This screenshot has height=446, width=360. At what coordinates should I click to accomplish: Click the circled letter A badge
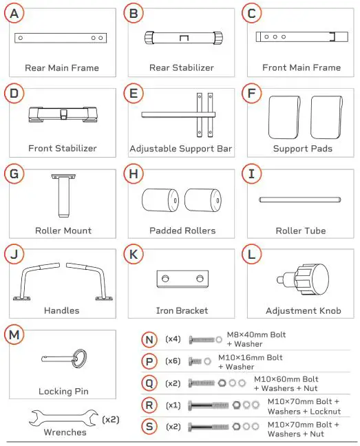click(x=14, y=13)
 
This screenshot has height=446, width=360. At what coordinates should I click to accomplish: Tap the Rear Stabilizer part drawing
click(x=183, y=38)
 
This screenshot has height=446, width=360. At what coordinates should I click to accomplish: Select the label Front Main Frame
click(x=301, y=67)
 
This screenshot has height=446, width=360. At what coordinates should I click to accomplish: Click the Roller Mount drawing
click(x=63, y=195)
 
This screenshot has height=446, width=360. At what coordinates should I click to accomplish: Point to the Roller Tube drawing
click(x=299, y=200)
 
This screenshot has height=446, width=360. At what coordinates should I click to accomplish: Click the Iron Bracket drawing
click(x=182, y=279)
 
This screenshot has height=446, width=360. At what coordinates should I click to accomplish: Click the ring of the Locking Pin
click(x=79, y=358)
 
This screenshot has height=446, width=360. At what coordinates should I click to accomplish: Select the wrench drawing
click(x=63, y=418)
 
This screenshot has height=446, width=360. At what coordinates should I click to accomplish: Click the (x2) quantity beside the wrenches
click(x=111, y=420)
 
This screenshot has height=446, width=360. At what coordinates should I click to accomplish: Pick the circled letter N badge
click(x=149, y=339)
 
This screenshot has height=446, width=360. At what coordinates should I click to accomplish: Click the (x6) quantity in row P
click(x=173, y=361)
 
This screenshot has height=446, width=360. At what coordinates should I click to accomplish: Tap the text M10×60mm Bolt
click(x=286, y=379)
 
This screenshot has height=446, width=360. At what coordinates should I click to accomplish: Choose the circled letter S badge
click(x=149, y=426)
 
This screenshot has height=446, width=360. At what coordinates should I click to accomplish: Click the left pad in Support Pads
click(x=284, y=117)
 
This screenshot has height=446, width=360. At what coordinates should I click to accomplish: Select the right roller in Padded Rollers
click(x=203, y=200)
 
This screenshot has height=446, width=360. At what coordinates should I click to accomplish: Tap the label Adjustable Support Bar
click(x=181, y=149)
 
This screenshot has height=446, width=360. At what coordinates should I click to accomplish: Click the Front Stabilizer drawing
click(x=63, y=114)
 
